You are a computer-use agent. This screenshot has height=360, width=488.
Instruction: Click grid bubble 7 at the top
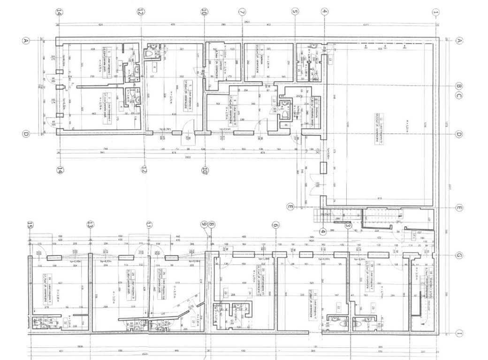tap(242, 12)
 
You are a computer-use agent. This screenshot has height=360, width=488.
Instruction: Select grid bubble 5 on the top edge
tap(295, 12)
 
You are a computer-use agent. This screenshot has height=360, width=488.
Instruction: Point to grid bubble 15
tap(30, 225)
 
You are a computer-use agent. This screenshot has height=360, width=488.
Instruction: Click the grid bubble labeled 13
tap(90, 225)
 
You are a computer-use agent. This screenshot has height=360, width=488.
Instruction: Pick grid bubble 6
tap(275, 225)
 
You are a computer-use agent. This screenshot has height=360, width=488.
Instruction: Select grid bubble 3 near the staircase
tap(348, 225)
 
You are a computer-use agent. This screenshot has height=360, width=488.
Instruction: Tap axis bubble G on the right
tap(459, 255)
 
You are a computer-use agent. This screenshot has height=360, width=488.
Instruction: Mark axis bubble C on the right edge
tap(460, 96)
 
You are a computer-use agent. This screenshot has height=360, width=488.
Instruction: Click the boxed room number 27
tap(193, 321)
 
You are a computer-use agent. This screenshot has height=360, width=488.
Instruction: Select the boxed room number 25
tap(226, 294)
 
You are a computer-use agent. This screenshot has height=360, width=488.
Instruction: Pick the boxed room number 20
tap(374, 307)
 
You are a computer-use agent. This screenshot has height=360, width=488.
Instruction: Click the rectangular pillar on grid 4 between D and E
tap(322, 167)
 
